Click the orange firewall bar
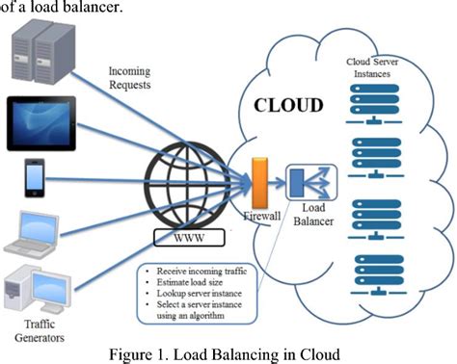tap(257, 184)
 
